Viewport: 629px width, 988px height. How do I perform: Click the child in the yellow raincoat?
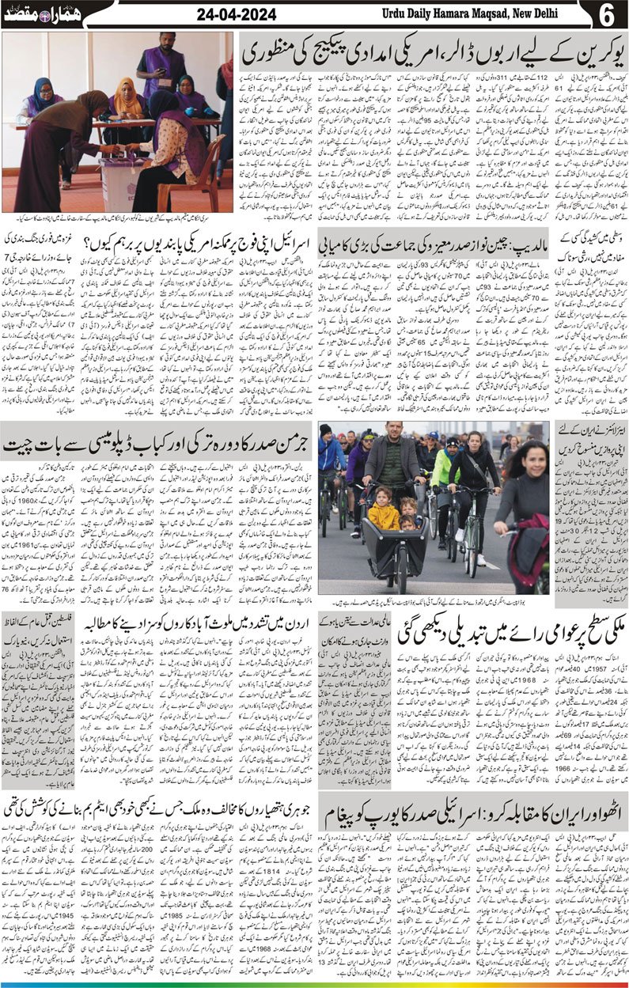tap(384, 514)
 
